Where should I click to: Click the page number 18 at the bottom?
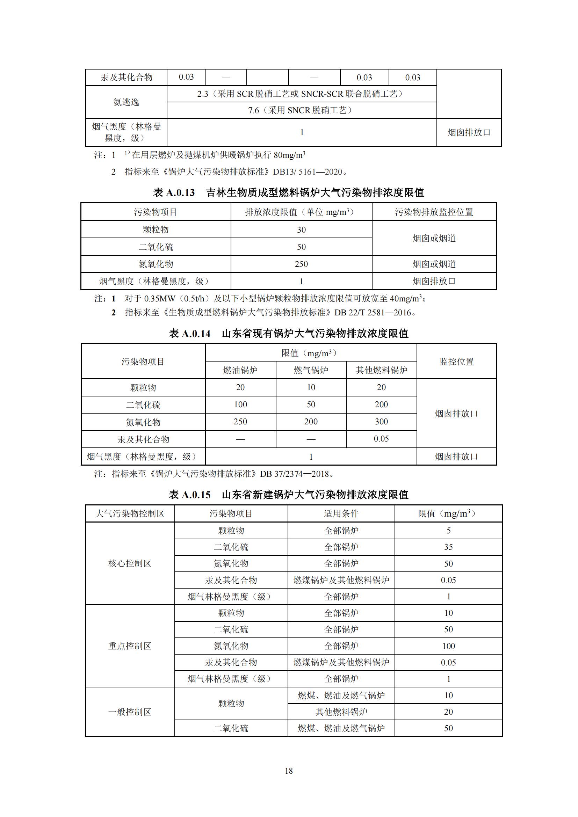[289, 771]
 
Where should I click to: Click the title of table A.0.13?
[288, 192]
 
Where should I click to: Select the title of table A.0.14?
[288, 334]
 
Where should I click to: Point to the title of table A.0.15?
[288, 494]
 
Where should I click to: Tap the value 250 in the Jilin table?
[301, 264]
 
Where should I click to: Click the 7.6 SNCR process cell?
[301, 110]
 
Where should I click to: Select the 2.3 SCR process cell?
[301, 94]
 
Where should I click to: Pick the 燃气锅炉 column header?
[311, 370]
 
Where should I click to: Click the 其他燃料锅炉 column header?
[381, 370]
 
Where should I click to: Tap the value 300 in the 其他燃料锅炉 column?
[381, 422]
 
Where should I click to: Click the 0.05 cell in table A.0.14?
[381, 439]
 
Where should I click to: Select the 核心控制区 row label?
[130, 563]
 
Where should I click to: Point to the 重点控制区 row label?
[130, 646]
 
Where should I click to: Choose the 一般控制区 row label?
[130, 712]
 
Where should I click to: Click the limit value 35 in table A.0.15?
[448, 547]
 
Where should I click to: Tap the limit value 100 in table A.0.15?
[448, 646]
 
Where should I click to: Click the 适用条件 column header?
[341, 513]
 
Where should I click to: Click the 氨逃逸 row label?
[126, 102]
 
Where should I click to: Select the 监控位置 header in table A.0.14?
[457, 362]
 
